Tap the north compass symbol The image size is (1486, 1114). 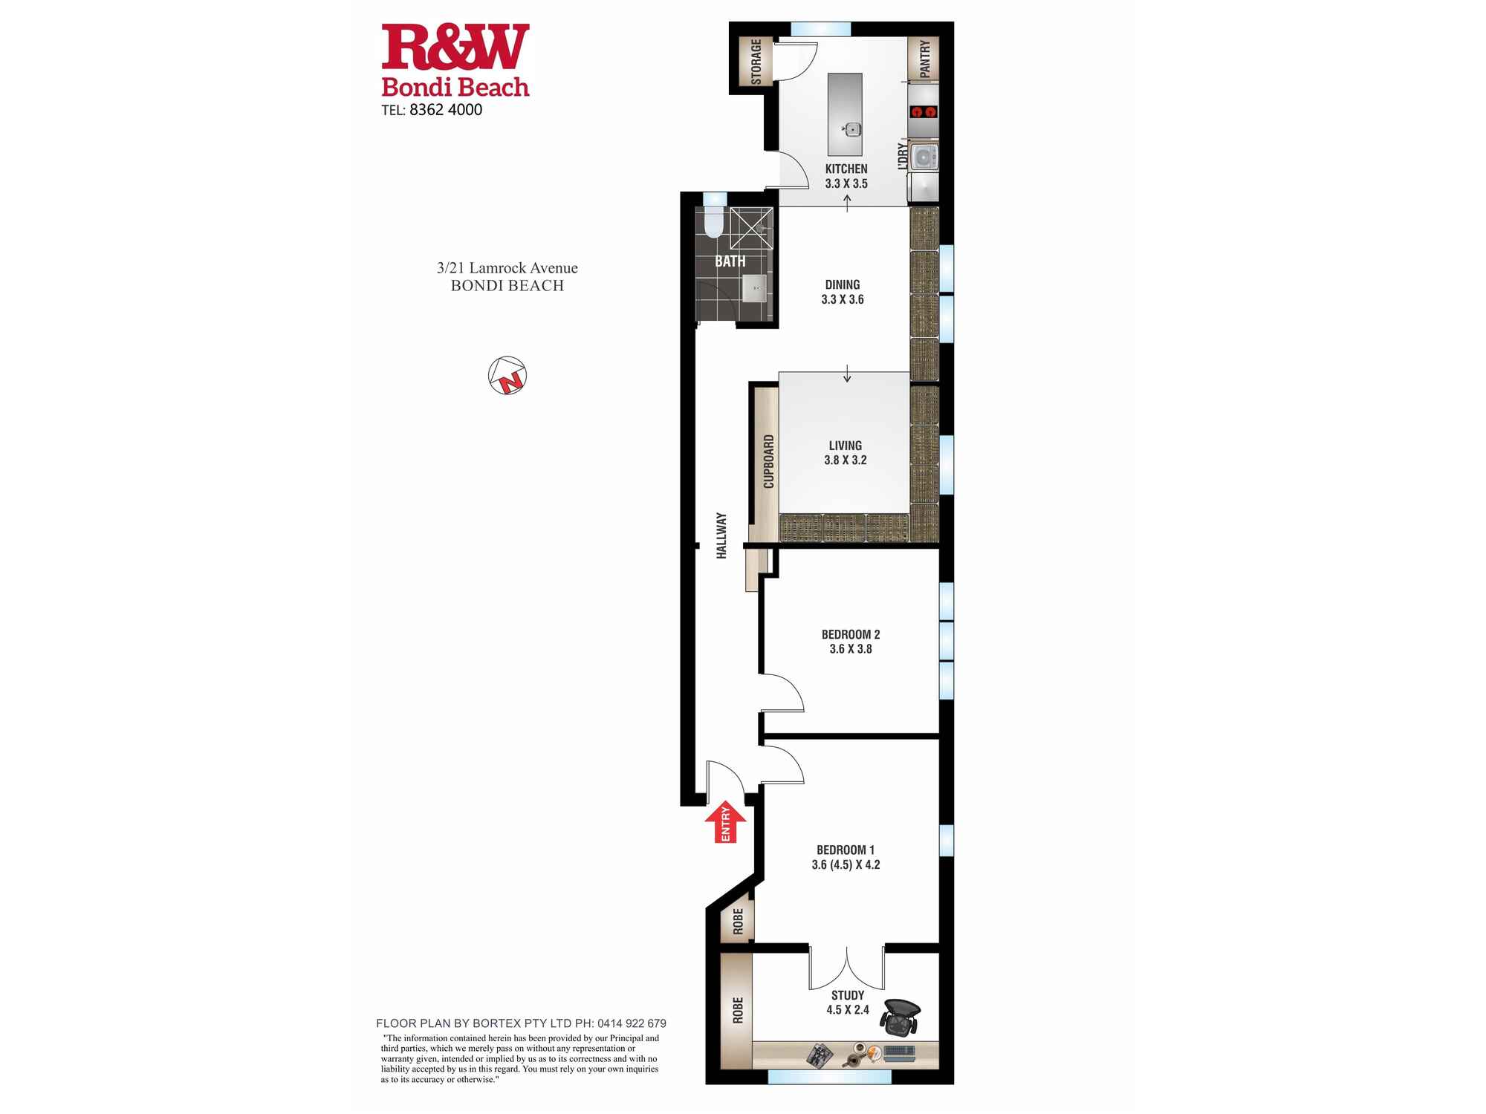pos(507,375)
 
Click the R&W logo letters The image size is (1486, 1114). pos(455,46)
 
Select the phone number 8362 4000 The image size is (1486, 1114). pos(445,110)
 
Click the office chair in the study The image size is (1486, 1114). pos(901,1017)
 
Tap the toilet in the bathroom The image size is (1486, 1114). pos(713,223)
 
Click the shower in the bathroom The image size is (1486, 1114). pos(751,228)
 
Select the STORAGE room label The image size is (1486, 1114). pos(756,62)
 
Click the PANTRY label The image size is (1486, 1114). pos(925,59)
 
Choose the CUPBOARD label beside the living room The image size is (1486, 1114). pos(768,461)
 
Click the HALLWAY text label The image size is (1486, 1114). pos(721,535)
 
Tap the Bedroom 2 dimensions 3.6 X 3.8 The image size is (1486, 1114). pos(851,649)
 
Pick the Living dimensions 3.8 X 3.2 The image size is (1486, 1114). pos(846,460)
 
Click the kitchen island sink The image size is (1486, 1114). pos(851,130)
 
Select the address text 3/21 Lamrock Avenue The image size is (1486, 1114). pos(507,268)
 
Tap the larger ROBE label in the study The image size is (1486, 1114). pos(737,1010)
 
